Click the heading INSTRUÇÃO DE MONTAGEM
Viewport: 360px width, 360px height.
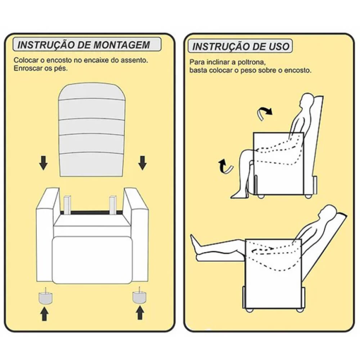[83, 45]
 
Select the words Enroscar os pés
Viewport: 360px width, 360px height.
[41, 69]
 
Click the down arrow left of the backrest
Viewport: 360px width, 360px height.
[44, 162]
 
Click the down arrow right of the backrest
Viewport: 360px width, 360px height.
[143, 162]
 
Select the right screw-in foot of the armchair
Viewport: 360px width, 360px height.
[138, 295]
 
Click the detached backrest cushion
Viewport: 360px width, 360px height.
[92, 130]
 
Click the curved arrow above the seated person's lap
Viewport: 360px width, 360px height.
[265, 111]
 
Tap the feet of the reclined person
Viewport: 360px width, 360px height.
[194, 246]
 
